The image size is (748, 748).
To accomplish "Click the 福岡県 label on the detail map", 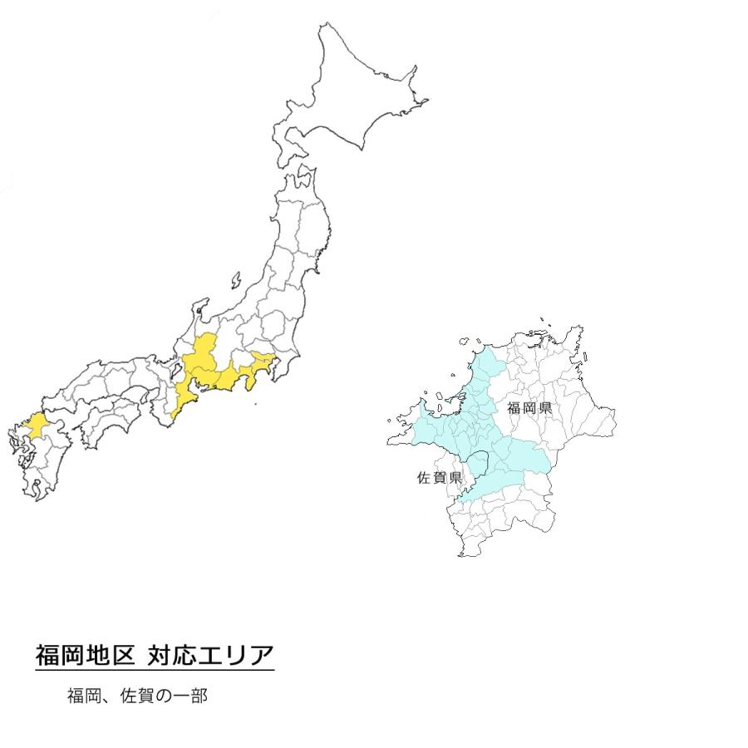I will point(529,408).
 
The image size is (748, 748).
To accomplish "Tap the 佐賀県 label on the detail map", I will point(438,478).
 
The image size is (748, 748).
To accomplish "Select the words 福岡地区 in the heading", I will point(84,656).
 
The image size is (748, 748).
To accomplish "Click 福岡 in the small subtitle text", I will point(83,696).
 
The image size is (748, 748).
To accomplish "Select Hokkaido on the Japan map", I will point(349,100).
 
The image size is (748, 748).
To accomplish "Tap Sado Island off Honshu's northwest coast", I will point(237,279).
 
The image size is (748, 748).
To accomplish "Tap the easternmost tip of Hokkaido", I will point(426,102).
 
